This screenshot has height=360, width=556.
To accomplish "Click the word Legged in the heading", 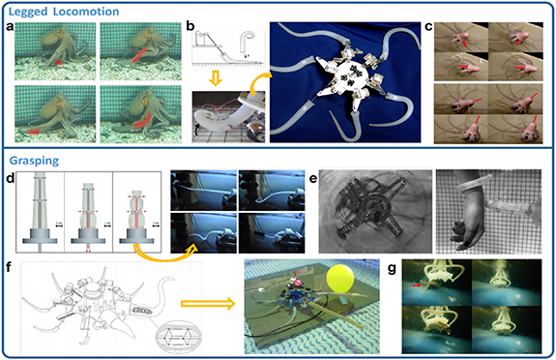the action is (x=29, y=12).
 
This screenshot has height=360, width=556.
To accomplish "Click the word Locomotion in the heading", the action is (x=86, y=12).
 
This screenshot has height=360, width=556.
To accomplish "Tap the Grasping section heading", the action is (x=34, y=161).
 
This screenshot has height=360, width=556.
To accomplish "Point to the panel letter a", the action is (x=11, y=27).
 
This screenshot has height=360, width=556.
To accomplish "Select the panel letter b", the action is (x=190, y=25).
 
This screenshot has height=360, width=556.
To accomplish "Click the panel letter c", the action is (x=428, y=27).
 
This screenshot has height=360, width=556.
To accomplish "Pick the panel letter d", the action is (x=11, y=178).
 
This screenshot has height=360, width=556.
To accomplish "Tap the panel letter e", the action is (x=313, y=179).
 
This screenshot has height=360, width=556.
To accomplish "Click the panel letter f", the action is (x=10, y=267).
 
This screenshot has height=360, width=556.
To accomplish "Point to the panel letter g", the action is (x=392, y=269).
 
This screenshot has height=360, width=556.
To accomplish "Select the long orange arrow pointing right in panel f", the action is (x=208, y=304).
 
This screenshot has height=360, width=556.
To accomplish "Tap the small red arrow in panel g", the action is (x=417, y=285).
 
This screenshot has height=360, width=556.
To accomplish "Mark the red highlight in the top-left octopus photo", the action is (x=56, y=63).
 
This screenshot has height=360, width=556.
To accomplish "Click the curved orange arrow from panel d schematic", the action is (x=162, y=255).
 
